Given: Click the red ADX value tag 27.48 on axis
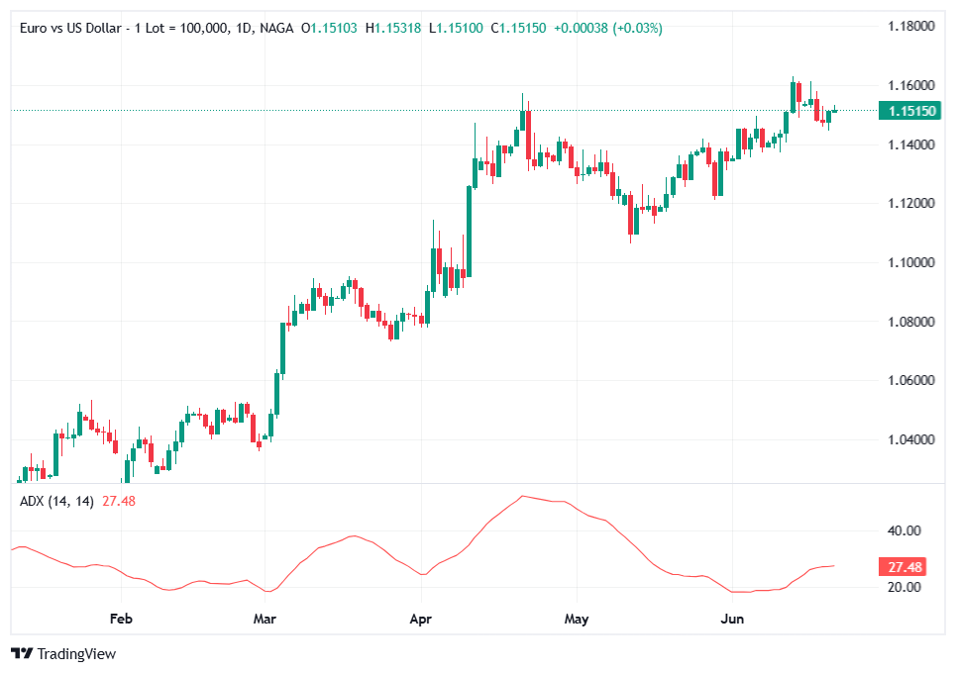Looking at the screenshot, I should (905, 567).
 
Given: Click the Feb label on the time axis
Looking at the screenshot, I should (121, 620).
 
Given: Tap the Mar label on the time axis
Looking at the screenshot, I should (265, 620).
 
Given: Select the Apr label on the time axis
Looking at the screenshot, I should (421, 620).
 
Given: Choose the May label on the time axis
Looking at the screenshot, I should (576, 620).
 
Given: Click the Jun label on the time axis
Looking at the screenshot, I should (731, 620).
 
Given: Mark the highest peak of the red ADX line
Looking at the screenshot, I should (523, 496).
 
